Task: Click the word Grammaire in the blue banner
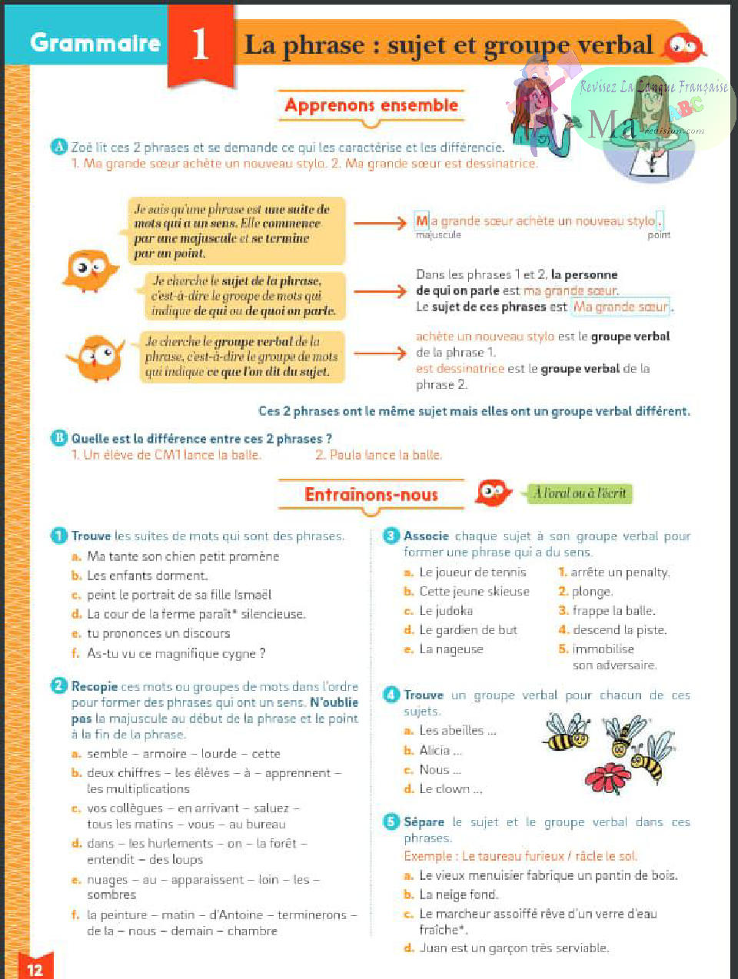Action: pos(95,43)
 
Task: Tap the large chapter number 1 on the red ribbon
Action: pos(201,45)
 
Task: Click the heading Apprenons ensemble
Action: pos(371,105)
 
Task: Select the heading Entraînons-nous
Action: pos(371,495)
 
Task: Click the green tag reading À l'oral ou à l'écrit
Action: pos(580,493)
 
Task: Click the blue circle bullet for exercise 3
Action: pos(391,536)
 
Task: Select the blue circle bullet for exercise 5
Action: pos(391,821)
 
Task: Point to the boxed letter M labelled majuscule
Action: pos(421,221)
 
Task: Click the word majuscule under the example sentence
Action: pos(438,235)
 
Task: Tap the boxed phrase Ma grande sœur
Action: pos(621,307)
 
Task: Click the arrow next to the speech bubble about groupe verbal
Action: pos(380,353)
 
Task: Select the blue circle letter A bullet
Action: pos(59,146)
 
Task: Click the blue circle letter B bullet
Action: pos(59,438)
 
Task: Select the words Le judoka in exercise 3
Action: pos(446,611)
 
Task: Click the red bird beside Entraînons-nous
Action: pos(493,492)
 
